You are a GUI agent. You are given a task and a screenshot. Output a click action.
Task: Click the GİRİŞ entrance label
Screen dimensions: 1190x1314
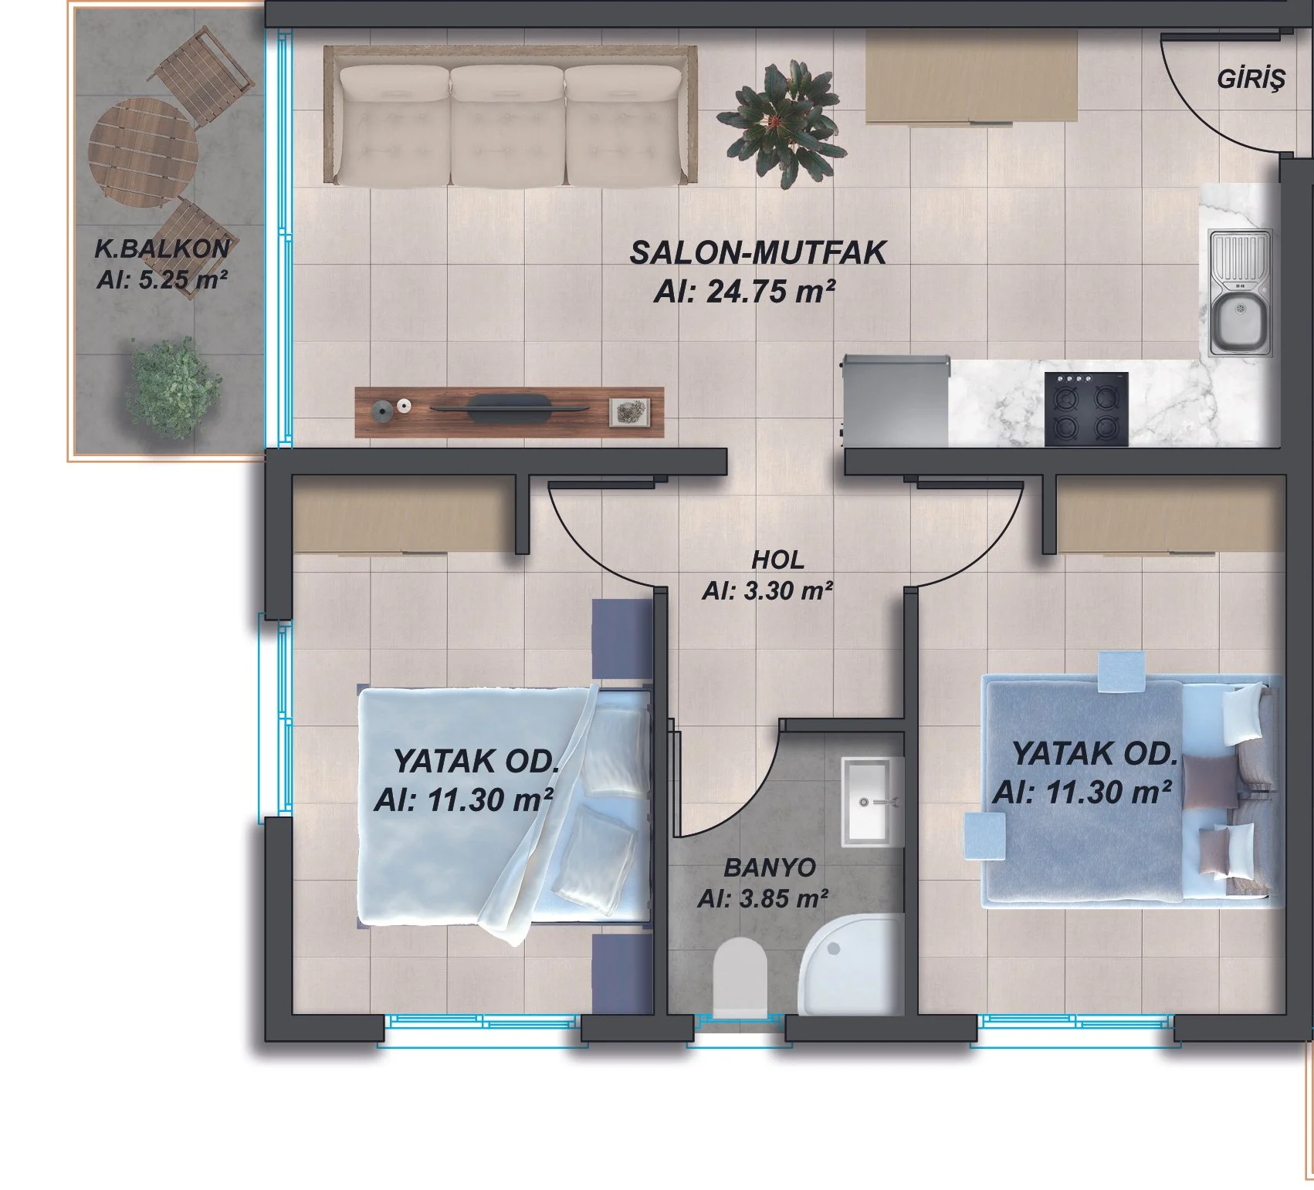tap(1251, 79)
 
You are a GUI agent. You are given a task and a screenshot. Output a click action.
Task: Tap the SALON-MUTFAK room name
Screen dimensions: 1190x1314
tap(757, 253)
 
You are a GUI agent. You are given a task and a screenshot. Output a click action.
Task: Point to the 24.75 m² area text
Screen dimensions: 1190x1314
tap(744, 292)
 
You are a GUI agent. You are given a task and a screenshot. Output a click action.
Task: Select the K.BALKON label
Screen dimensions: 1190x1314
tap(161, 248)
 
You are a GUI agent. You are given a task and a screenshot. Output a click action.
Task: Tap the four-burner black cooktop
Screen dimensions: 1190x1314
tap(1086, 409)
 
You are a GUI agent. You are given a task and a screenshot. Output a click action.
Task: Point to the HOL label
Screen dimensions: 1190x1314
tap(777, 560)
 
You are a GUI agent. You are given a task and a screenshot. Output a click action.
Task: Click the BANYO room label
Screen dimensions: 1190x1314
tap(769, 867)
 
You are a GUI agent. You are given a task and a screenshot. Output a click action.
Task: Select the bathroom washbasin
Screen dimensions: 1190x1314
tap(872, 801)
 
